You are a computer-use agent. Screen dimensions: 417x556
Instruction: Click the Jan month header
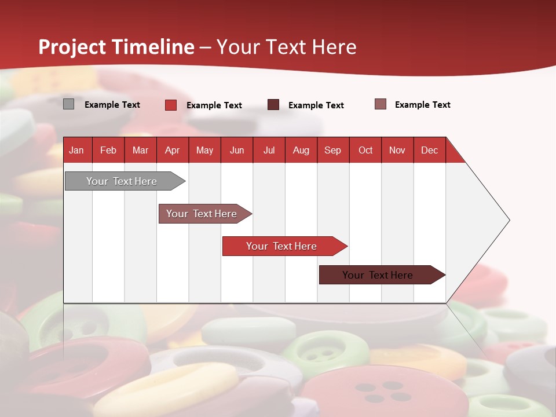click(x=76, y=150)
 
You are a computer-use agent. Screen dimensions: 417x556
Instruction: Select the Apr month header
click(x=172, y=150)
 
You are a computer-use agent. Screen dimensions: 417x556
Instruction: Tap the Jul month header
click(x=269, y=150)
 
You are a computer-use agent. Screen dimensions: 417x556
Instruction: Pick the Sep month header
click(x=332, y=150)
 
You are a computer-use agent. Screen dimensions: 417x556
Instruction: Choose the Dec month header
click(x=429, y=150)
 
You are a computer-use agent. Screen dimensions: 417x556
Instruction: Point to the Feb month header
click(x=108, y=150)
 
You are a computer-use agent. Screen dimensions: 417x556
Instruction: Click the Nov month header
click(x=397, y=150)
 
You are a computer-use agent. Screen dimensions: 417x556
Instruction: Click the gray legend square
click(x=68, y=104)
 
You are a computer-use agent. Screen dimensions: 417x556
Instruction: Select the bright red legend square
click(x=171, y=105)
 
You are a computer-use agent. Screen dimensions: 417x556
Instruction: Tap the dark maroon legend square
click(x=273, y=104)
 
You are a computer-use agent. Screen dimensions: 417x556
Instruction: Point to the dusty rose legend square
click(x=381, y=104)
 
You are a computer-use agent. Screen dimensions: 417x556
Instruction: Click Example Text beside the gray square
click(x=112, y=105)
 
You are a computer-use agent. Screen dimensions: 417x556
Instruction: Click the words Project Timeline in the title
click(x=116, y=47)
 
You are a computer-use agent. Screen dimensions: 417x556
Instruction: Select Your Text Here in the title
click(x=286, y=47)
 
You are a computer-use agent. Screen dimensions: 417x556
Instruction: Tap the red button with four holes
click(x=385, y=391)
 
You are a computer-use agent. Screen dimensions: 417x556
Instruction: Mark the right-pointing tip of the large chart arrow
click(x=509, y=220)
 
